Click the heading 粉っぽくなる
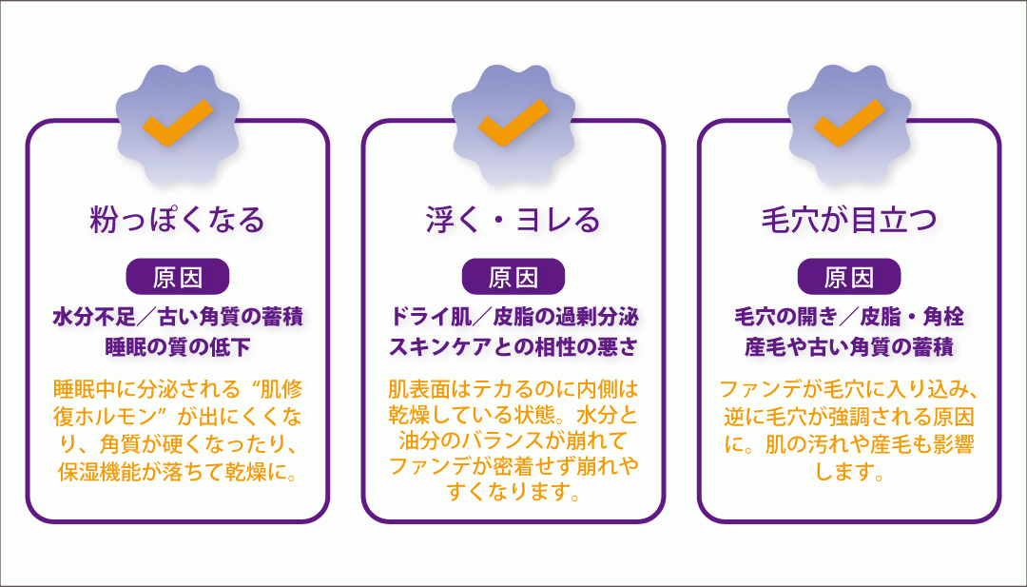pos(178,220)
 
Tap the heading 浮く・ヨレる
pos(513,220)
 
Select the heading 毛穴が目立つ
pos(849,220)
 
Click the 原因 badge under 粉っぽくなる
pos(178,277)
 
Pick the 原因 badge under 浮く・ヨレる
pos(513,277)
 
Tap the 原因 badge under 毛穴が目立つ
pos(849,277)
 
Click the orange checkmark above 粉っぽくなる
pos(178,122)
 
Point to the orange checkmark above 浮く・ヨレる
pos(513,122)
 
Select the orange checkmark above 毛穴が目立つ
pos(849,122)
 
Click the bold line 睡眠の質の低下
pos(178,347)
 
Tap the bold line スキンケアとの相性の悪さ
pos(513,347)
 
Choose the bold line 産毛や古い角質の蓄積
pos(849,347)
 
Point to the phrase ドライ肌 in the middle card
pos(430,318)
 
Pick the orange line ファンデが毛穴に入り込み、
pos(849,390)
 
